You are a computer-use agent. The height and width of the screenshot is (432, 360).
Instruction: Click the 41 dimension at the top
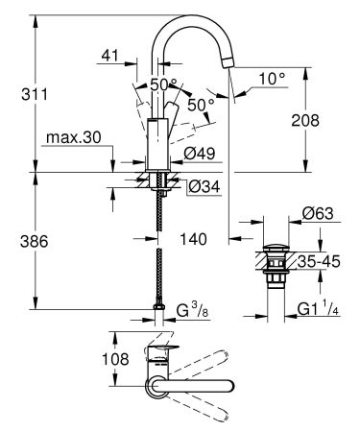click(x=108, y=57)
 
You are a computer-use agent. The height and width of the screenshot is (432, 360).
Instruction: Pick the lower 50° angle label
click(x=201, y=104)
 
